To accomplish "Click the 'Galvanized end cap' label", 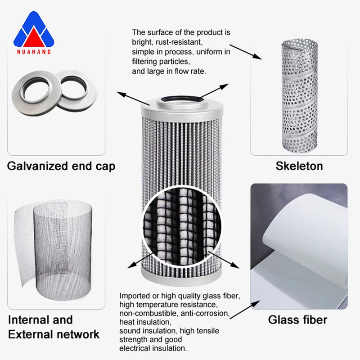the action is tap(61, 166).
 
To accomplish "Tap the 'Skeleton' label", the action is tap(299, 166).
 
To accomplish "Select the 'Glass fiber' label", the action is tap(297, 320).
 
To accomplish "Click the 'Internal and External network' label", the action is tap(54, 327).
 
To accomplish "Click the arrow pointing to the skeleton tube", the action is tap(245, 50).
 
